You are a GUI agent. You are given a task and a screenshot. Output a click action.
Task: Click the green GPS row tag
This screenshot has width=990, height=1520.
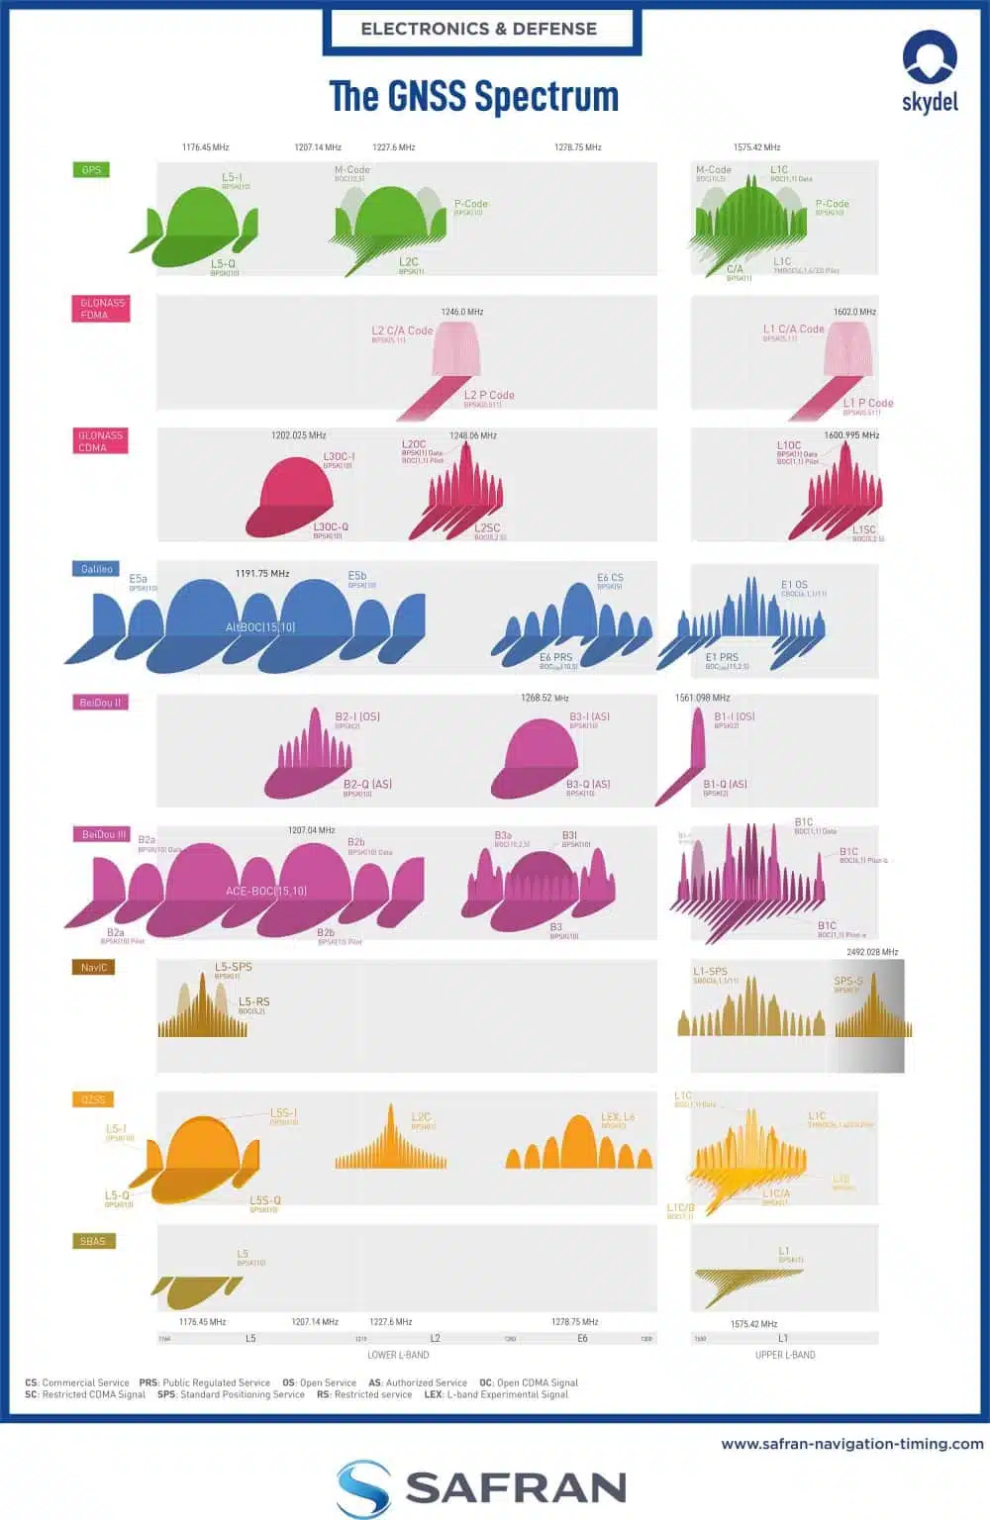[91, 170]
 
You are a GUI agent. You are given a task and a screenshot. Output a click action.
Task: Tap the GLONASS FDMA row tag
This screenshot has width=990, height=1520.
[101, 309]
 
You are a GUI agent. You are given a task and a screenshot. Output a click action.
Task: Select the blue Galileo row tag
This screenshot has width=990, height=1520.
[97, 569]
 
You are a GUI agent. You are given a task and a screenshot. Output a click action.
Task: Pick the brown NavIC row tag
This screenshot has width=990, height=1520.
[94, 967]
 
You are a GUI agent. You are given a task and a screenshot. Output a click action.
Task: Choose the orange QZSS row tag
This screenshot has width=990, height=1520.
[93, 1099]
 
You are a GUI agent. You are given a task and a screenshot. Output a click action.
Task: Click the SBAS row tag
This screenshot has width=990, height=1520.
[92, 1241]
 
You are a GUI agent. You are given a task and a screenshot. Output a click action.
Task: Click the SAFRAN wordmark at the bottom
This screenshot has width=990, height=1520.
[515, 1487]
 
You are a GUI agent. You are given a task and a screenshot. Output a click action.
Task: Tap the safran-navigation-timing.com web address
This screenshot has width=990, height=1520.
[852, 1444]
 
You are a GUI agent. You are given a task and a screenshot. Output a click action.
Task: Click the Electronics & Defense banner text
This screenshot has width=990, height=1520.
[479, 29]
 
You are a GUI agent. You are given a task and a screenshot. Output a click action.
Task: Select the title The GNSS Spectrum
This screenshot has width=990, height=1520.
[473, 97]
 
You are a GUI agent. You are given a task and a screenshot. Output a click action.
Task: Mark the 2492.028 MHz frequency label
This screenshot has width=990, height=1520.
[872, 952]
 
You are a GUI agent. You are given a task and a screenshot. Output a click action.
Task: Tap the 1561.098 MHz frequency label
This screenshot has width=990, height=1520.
[702, 698]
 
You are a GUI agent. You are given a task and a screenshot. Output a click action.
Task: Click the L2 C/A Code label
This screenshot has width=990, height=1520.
[402, 331]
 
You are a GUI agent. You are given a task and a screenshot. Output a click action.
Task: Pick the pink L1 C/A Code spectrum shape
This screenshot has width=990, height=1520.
[848, 351]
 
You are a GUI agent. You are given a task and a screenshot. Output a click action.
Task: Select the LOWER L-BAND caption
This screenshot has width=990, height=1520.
[398, 1355]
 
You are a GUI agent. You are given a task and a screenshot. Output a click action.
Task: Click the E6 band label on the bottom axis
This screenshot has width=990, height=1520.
[582, 1338]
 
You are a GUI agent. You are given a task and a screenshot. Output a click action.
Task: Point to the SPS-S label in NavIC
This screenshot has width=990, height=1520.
[848, 982]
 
